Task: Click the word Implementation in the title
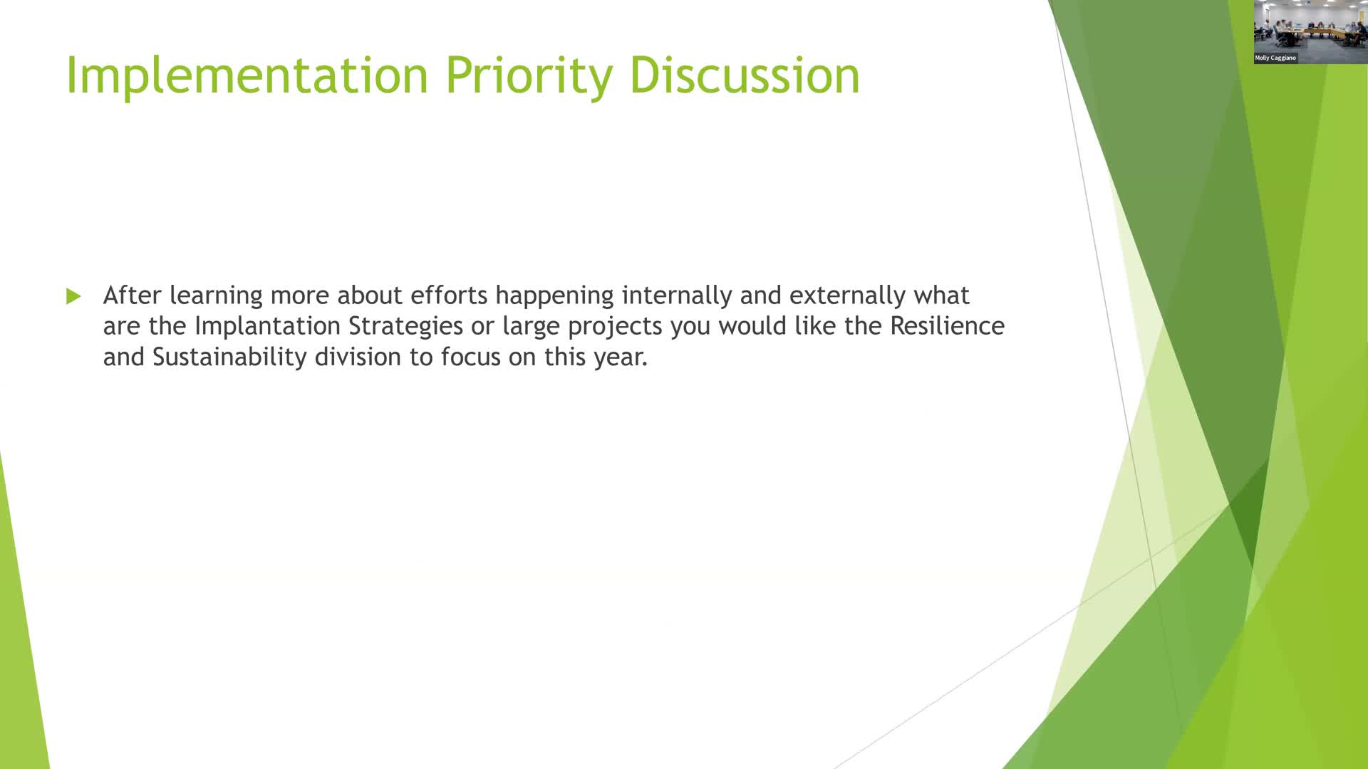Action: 247,75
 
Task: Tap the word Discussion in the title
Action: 745,75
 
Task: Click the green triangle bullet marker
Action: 73,296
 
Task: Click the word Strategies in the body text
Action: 405,326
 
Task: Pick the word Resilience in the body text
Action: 947,325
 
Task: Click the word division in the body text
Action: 358,356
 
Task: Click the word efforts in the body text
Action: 449,295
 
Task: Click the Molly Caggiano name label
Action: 1275,58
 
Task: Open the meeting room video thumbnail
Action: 1311,32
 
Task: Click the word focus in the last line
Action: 470,356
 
